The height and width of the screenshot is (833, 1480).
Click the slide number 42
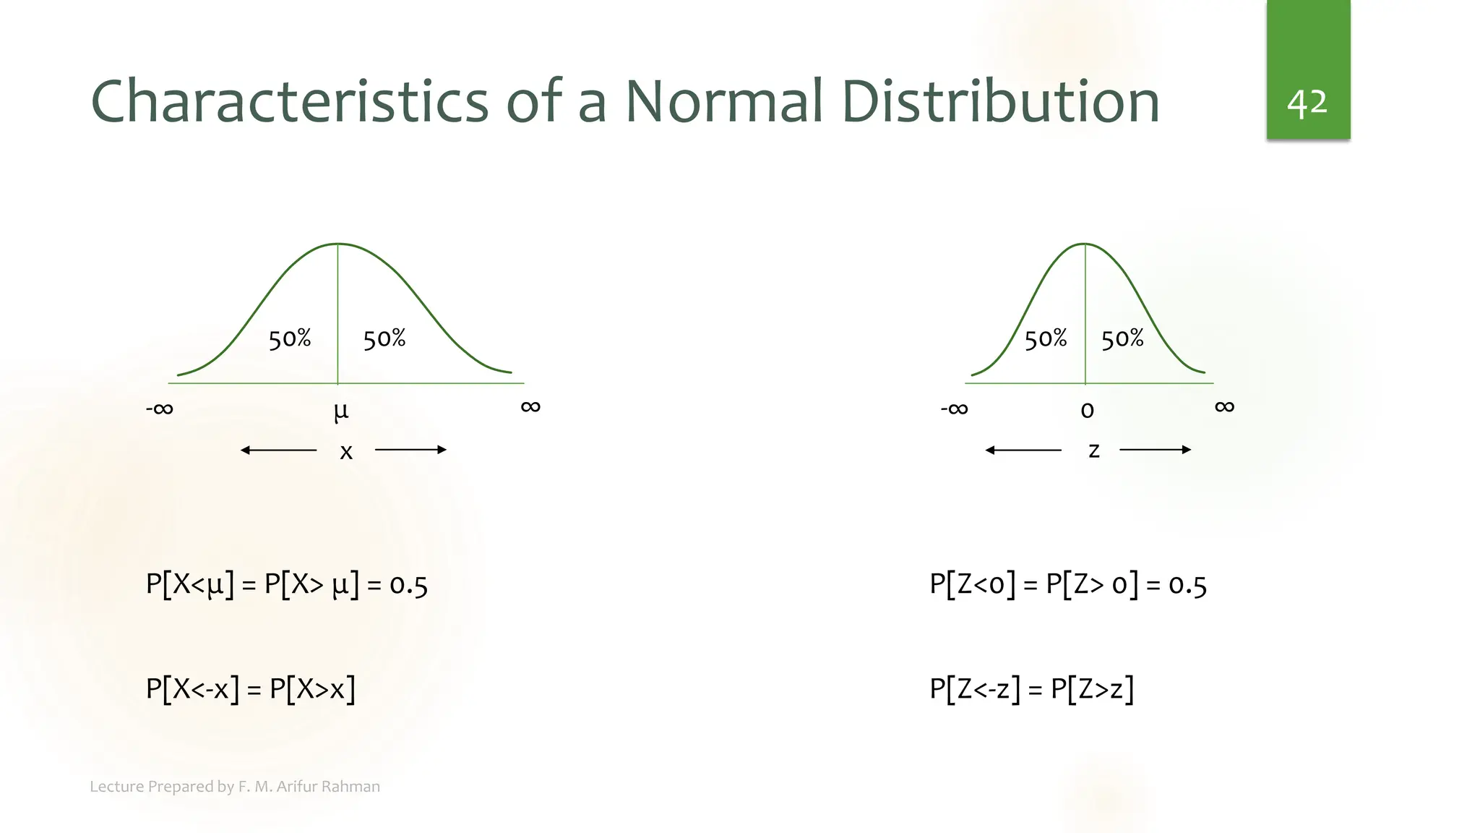point(1307,103)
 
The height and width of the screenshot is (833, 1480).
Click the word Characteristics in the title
point(290,101)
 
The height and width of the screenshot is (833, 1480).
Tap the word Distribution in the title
point(1000,101)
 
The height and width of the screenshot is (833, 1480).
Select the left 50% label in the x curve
point(290,338)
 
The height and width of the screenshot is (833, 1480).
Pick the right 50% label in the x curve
point(384,338)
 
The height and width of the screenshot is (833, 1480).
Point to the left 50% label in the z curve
point(1046,338)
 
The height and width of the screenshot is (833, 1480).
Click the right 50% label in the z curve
point(1122,338)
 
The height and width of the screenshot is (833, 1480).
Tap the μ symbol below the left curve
point(340,411)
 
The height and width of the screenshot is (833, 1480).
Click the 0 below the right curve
point(1087,411)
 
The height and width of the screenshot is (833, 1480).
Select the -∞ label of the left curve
point(160,409)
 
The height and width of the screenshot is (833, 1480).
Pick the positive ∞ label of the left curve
point(530,406)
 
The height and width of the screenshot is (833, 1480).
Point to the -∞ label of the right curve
point(954,409)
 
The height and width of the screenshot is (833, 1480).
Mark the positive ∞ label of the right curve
point(1224,406)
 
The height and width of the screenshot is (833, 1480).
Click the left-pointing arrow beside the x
point(278,450)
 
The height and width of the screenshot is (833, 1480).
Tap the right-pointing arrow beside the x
point(410,450)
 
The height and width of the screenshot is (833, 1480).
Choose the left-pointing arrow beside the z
point(1023,450)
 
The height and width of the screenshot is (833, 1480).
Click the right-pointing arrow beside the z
point(1155,450)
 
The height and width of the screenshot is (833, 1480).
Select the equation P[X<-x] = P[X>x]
point(251,688)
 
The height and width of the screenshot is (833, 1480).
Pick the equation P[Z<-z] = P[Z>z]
point(1031,688)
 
